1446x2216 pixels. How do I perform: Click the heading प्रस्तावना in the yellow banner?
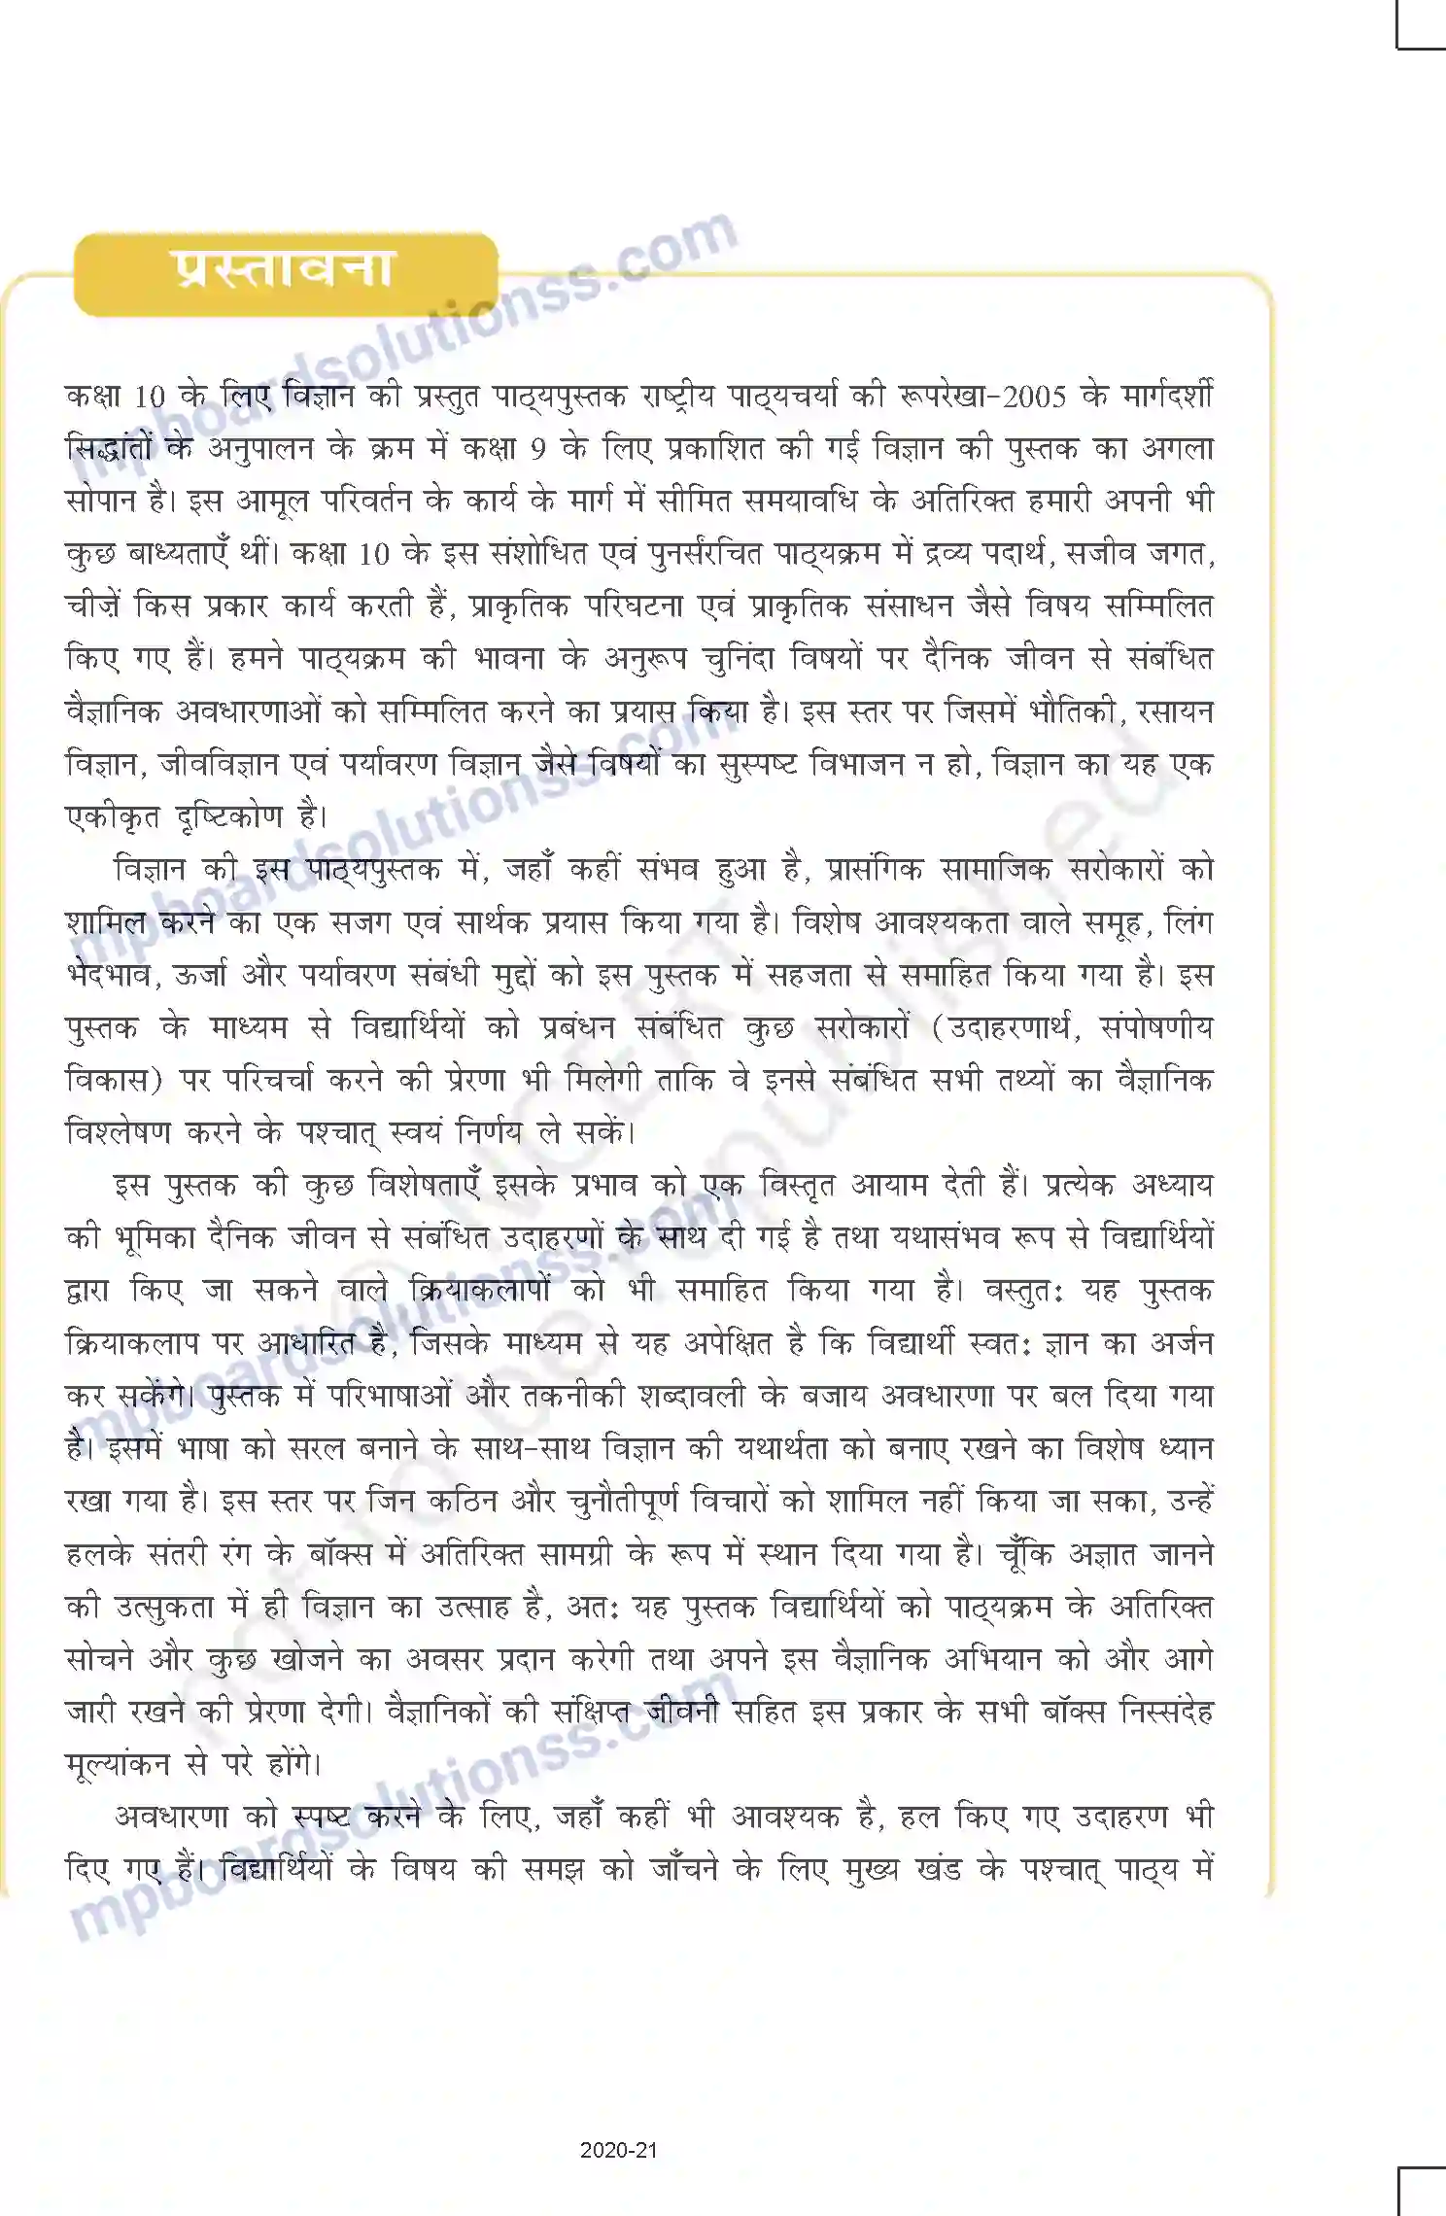284,269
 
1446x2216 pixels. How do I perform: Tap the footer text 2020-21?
618,2150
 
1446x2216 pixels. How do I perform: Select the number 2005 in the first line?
1033,397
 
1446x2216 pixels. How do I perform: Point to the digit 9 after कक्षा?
537,449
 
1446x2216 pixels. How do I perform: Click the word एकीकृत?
113,816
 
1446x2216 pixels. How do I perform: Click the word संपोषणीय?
1156,1026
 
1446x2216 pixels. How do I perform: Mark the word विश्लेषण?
118,1132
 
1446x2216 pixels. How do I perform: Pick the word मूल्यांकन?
118,1764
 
